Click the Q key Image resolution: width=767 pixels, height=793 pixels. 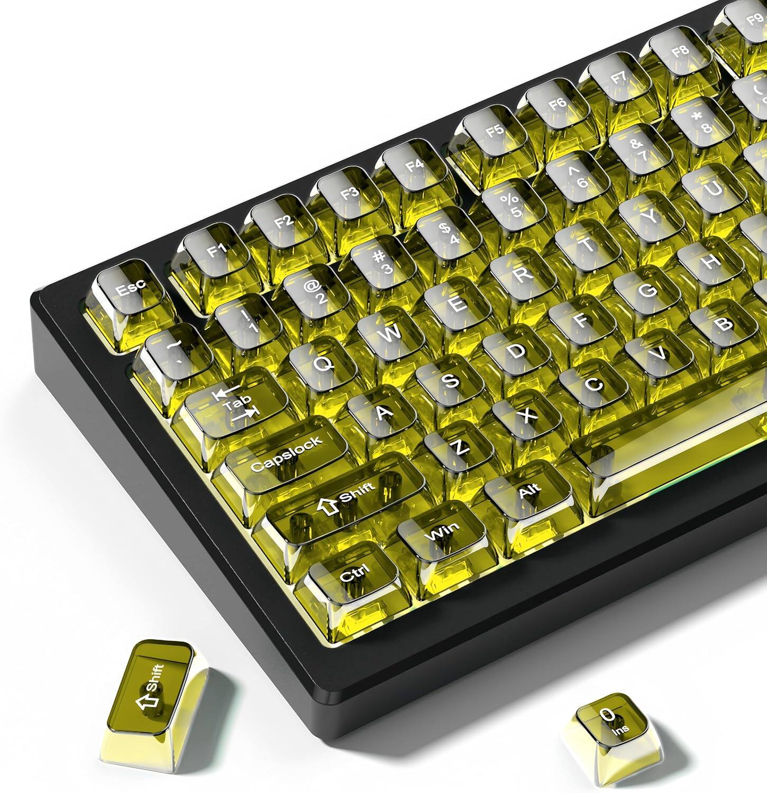click(323, 364)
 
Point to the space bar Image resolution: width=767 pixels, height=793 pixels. click(672, 455)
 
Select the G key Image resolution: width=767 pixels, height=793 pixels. click(646, 289)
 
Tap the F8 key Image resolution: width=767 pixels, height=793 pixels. click(679, 52)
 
